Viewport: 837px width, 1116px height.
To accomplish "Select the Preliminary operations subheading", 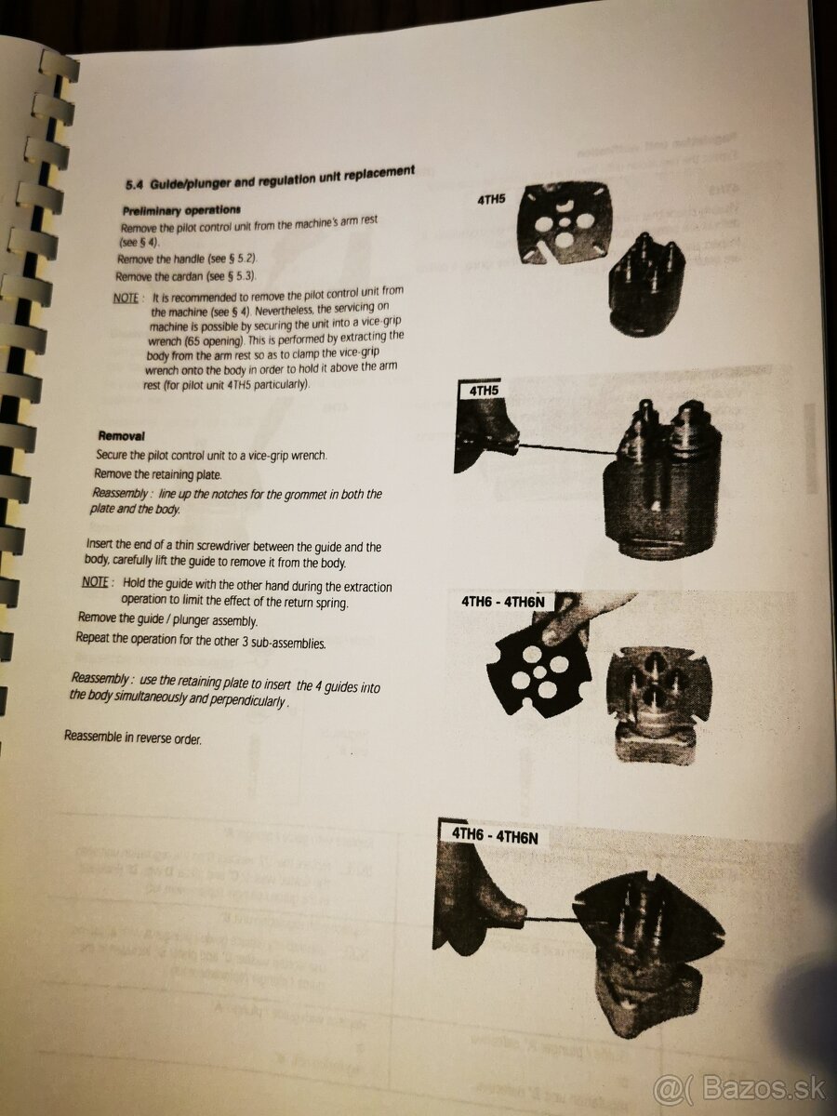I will pyautogui.click(x=181, y=209).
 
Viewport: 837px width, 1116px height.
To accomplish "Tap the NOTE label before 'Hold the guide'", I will pyautogui.click(x=95, y=581).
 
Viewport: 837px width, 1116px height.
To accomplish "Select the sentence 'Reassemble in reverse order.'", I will pyautogui.click(x=132, y=737).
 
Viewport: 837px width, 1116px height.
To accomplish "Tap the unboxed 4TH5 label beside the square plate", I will pyautogui.click(x=490, y=198).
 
